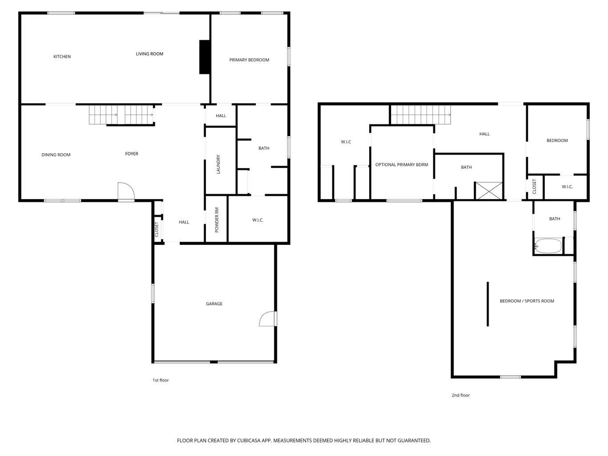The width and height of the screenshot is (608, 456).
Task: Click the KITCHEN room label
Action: point(62,57)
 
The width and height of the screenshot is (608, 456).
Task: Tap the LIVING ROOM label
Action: point(149,54)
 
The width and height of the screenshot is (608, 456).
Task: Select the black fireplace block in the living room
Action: point(204,57)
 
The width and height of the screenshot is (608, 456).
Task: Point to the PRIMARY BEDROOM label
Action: point(249,60)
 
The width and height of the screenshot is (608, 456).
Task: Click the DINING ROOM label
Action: point(56,155)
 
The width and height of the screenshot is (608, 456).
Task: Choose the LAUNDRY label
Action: point(218,164)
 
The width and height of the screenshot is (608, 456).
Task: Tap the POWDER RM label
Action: point(217,220)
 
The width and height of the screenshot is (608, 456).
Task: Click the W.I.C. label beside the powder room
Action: point(257,220)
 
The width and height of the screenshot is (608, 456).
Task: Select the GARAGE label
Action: point(214,304)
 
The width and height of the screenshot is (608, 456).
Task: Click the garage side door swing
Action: point(268,318)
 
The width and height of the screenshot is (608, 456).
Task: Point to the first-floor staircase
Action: point(121,115)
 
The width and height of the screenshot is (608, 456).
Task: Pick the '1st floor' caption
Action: point(160,380)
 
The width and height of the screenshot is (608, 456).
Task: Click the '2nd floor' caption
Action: point(461,395)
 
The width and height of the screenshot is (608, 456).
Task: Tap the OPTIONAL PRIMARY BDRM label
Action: point(401,165)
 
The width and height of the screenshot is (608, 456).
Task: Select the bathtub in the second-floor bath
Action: point(548,246)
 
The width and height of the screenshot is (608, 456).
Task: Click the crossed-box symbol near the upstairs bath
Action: point(489,191)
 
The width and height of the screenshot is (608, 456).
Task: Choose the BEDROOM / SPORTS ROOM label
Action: point(526,301)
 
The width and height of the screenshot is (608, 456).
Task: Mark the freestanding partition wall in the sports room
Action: point(488,304)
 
